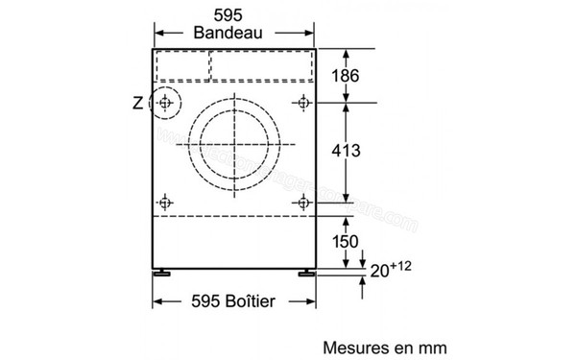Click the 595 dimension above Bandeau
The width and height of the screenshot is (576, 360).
pyautogui.click(x=233, y=14)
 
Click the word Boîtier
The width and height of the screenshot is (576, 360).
pyautogui.click(x=245, y=300)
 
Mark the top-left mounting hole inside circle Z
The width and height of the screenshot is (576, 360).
pyautogui.click(x=167, y=102)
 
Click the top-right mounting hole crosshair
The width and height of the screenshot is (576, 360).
pyautogui.click(x=304, y=102)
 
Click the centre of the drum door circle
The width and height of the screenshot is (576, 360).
pyautogui.click(x=235, y=144)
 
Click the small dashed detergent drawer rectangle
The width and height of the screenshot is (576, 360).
pyautogui.click(x=182, y=65)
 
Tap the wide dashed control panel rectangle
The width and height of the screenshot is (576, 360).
pyautogui.click(x=261, y=65)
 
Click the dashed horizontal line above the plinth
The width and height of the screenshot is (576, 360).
pyautogui.click(x=235, y=217)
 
